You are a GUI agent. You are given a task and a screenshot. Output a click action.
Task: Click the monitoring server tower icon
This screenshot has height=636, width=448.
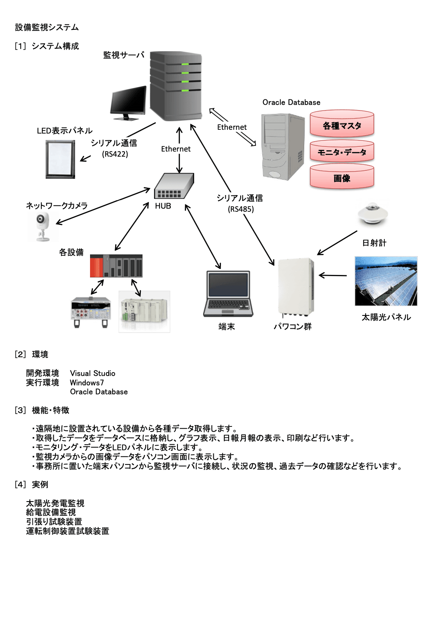175,86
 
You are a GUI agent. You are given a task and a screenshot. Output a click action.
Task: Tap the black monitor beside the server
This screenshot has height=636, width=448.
128,102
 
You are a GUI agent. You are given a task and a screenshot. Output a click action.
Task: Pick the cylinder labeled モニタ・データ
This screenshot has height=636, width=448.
342,152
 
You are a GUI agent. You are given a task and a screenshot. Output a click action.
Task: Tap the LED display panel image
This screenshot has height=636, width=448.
60,159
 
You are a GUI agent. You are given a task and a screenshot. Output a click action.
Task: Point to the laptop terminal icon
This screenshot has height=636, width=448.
228,293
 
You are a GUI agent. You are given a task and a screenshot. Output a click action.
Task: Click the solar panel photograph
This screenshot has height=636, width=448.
386,281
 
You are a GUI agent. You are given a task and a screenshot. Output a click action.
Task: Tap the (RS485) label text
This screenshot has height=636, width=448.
241,209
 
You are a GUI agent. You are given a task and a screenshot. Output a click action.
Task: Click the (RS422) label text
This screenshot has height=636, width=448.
115,154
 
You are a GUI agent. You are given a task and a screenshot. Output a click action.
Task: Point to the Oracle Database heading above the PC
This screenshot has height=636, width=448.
291,102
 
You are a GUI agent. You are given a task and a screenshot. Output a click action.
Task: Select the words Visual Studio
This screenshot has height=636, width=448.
93,373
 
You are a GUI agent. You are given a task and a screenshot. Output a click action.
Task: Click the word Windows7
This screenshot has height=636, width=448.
87,383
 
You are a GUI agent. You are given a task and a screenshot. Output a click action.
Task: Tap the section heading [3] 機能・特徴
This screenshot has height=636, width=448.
42,410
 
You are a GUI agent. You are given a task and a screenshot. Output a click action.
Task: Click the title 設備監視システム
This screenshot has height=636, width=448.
47,27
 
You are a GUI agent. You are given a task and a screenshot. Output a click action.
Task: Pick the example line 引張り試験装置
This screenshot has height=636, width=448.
54,522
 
